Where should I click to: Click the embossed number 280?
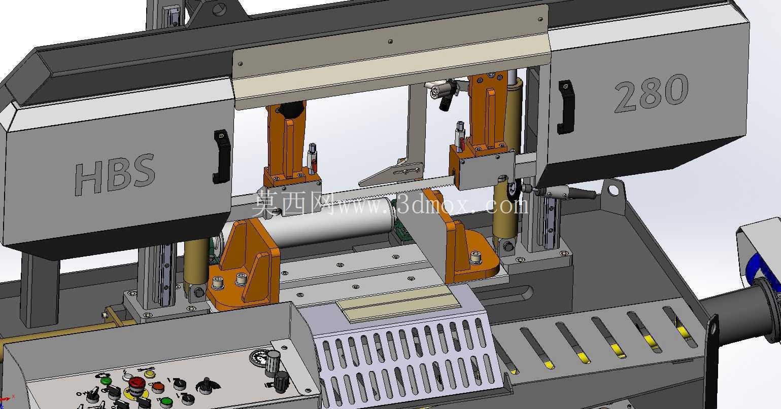click(x=651, y=93)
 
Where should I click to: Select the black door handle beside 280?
click(x=565, y=107)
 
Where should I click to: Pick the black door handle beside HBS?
click(x=222, y=157)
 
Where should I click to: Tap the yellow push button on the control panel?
click(x=150, y=374)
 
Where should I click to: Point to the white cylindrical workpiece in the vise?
click(x=331, y=223)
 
